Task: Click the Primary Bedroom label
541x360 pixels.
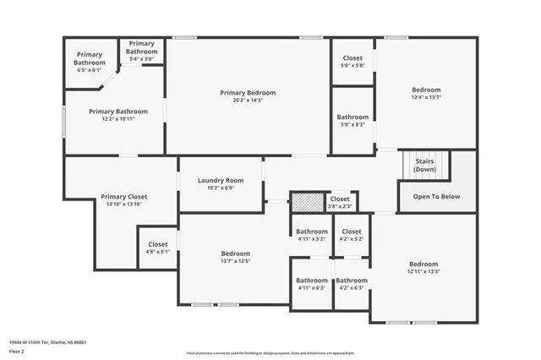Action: tap(248, 93)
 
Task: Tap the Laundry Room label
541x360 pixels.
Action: tap(221, 180)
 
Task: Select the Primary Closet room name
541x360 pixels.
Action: tap(124, 197)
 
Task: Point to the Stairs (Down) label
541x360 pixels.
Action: tap(424, 166)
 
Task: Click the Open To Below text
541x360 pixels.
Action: tap(436, 197)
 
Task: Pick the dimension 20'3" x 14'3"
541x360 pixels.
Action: tap(248, 101)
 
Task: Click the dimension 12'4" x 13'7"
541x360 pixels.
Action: tap(426, 97)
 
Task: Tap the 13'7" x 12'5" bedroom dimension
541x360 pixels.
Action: tap(235, 261)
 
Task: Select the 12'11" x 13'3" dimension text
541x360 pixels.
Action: tap(424, 270)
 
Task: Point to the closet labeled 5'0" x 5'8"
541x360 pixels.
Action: tap(352, 62)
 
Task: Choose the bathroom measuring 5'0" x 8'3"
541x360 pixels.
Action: tap(352, 121)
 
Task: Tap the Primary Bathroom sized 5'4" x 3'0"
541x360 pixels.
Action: tap(142, 51)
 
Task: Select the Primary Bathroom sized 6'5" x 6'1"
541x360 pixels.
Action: tap(90, 63)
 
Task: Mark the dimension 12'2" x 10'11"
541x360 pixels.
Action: tap(118, 118)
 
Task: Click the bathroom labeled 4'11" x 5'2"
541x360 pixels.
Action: tap(311, 235)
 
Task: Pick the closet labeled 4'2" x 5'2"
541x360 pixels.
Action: tap(352, 235)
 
